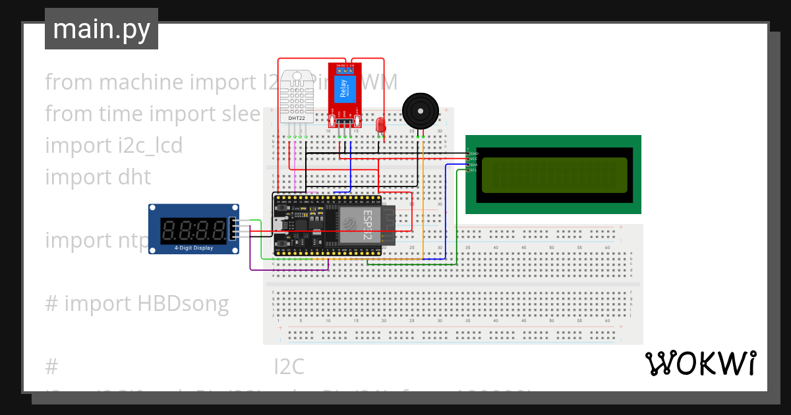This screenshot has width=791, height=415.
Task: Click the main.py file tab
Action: coord(101,30)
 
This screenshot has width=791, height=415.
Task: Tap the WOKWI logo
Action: coord(700,363)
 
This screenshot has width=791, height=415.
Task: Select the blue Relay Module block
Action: coord(343,88)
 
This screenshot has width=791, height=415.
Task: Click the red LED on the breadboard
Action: coord(380,125)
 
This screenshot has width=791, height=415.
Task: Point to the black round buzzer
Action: coord(420,110)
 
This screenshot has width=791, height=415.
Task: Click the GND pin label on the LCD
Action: coord(474,153)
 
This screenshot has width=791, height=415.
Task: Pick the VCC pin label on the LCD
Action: coord(474,159)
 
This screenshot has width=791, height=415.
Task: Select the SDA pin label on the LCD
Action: coord(474,165)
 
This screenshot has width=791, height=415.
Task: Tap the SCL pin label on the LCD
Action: coord(474,170)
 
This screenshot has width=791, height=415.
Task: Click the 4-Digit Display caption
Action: coord(194,248)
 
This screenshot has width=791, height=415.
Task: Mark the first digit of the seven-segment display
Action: coord(168,230)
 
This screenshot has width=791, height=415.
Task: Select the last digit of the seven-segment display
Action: coord(217,230)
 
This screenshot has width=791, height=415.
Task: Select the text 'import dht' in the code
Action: coord(98,177)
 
